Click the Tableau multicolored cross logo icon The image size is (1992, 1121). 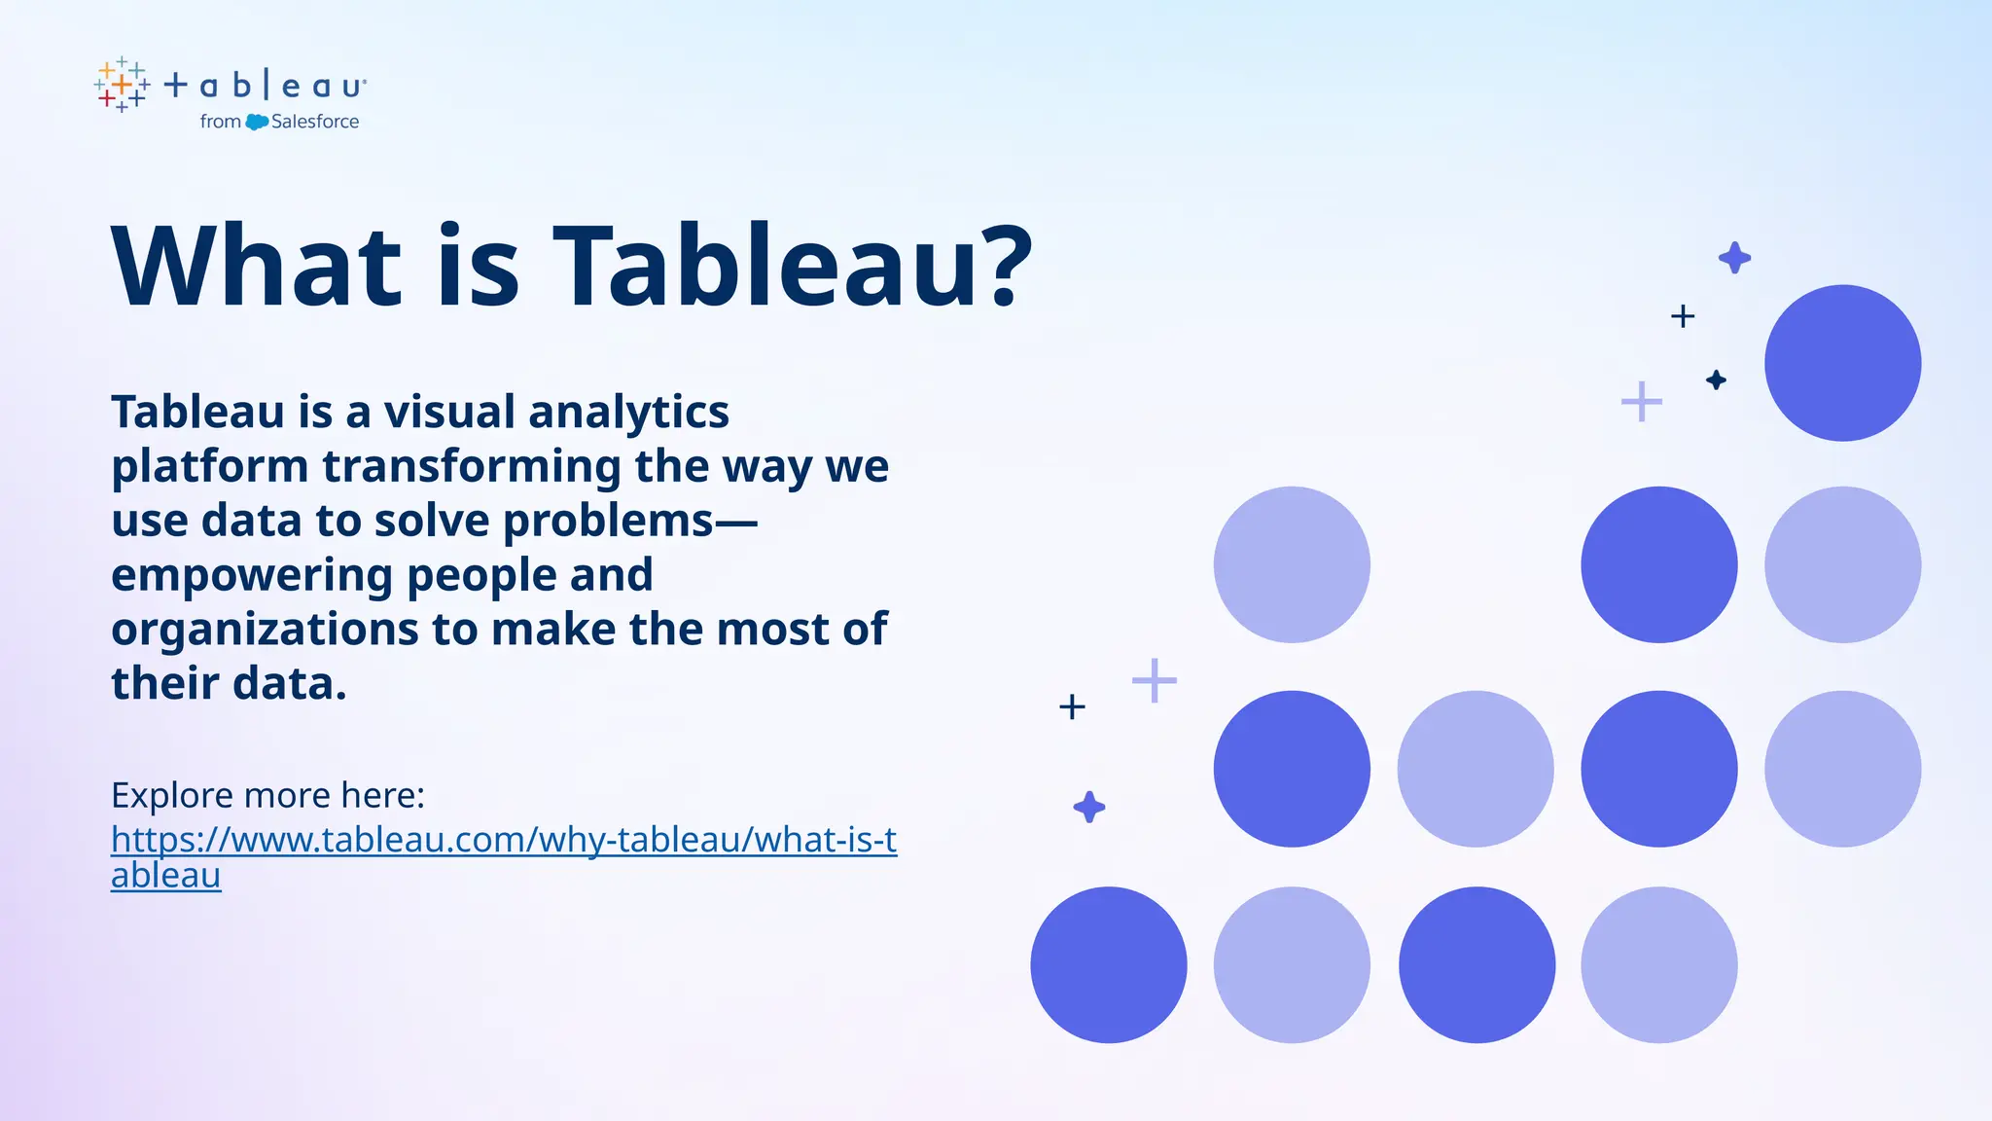click(122, 86)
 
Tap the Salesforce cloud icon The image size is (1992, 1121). click(257, 123)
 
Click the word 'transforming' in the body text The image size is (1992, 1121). click(472, 466)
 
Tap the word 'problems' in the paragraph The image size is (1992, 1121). click(608, 521)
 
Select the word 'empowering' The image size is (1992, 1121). click(251, 575)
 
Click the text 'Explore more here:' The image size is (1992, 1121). click(267, 795)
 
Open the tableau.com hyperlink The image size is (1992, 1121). click(503, 840)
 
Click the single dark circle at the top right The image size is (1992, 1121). click(1842, 363)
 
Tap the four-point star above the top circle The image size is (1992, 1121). click(1734, 258)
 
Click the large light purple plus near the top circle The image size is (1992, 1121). click(1642, 401)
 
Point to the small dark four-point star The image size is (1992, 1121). click(1716, 380)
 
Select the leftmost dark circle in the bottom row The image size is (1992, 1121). click(1109, 964)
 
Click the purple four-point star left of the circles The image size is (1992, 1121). click(1088, 807)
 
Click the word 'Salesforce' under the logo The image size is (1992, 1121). click(315, 122)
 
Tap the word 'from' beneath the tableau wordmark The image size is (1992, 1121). click(220, 122)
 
